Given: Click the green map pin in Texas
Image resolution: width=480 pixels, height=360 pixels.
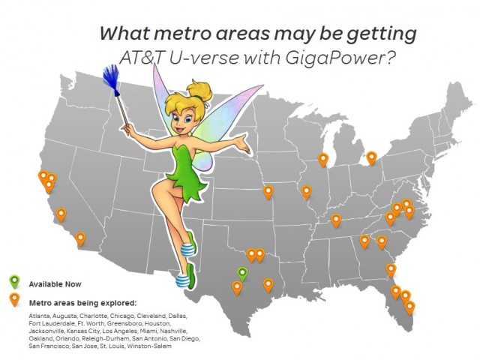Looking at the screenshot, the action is pos(242,274).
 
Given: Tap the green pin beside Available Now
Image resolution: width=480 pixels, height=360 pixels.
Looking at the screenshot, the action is pos(15,282).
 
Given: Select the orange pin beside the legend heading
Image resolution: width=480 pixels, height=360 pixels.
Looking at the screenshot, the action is pos(15,299).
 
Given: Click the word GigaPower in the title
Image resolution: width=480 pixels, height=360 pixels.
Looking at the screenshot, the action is pos(339,57).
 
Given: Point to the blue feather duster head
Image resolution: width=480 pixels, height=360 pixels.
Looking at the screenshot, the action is pos(111,79).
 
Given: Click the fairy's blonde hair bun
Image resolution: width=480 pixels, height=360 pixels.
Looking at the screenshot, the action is pos(201,91).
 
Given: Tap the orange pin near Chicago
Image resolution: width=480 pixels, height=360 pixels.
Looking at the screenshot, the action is pos(323,160).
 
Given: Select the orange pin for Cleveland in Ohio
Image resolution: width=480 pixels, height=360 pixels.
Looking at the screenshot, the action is pos(371,158).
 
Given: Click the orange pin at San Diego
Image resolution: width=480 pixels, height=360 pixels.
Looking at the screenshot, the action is pos(80,239).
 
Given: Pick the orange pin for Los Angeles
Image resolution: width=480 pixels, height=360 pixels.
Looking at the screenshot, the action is pos(61,215).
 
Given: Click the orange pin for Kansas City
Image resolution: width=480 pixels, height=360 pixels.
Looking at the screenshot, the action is pos(268,192).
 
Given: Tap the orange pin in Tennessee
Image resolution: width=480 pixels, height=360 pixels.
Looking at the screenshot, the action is pos(336,220).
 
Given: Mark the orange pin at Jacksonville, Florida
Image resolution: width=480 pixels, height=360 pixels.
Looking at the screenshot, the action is pos(391,271).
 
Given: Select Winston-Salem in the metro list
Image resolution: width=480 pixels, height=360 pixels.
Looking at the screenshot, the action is pos(149,346).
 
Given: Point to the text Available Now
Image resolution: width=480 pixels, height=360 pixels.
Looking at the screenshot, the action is pos(55,284).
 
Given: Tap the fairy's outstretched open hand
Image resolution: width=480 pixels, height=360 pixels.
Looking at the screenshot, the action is pos(242,143).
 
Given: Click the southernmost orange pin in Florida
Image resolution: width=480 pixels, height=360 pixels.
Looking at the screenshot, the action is pos(409,307).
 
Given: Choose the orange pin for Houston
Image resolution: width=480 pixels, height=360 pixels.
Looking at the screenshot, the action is pos(268,285).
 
